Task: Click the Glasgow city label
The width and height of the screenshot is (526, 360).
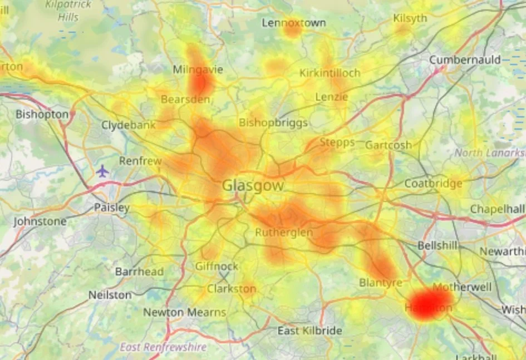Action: tap(253, 186)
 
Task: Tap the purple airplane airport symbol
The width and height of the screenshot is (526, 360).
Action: tap(102, 171)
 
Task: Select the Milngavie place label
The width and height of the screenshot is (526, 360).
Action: tap(198, 70)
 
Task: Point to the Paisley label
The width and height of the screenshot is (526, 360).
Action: tap(111, 208)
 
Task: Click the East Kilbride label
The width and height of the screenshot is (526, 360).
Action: tap(309, 331)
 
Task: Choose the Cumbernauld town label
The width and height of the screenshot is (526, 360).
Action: tap(465, 60)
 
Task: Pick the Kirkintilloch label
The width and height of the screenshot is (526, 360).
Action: tap(330, 73)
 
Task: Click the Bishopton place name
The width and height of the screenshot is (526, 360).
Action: tap(42, 114)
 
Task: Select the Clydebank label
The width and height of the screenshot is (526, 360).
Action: tap(129, 125)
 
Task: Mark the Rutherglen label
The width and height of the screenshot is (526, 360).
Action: tap(284, 233)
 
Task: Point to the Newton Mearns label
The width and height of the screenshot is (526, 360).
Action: tap(185, 313)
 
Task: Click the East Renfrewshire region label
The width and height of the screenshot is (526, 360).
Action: tap(163, 347)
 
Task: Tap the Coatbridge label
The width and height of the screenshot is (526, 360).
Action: tap(433, 184)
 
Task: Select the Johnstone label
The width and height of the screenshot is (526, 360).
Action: tap(40, 221)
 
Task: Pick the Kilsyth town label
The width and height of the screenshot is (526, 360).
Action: tap(410, 18)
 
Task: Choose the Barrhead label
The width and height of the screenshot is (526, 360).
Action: tap(139, 272)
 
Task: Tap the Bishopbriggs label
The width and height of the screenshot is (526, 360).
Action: tap(273, 122)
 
